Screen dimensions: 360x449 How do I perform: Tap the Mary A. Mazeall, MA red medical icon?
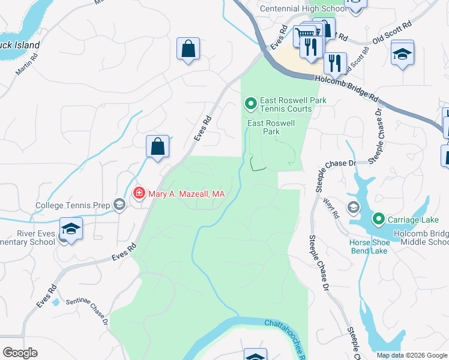(139, 193)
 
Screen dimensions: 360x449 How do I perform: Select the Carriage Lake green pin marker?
(378, 219)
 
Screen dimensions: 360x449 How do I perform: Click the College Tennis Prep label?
(73, 205)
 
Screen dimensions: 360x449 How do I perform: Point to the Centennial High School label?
(303, 8)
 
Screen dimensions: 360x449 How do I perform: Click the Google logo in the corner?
(20, 352)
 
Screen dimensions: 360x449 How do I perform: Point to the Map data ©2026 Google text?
(412, 355)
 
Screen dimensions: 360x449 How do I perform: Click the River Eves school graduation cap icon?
(71, 229)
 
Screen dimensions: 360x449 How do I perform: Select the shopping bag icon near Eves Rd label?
(157, 146)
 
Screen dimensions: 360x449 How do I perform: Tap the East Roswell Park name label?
(272, 127)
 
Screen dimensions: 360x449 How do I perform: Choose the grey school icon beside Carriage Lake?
(353, 208)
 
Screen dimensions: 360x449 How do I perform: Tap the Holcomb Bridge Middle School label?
(421, 238)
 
